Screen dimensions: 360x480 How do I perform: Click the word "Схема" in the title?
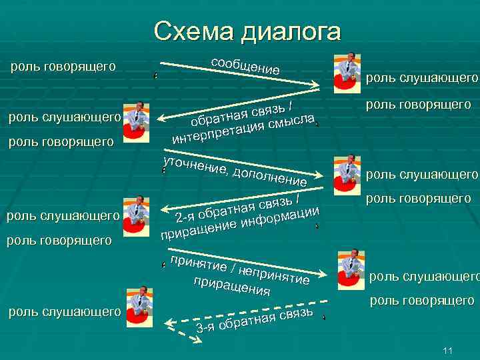[x=194, y=31]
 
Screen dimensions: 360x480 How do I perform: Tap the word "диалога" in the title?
[x=291, y=32]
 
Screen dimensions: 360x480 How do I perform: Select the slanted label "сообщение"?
[x=245, y=65]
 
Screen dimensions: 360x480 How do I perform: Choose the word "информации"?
[x=280, y=216]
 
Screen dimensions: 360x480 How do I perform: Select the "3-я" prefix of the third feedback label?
[x=205, y=327]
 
